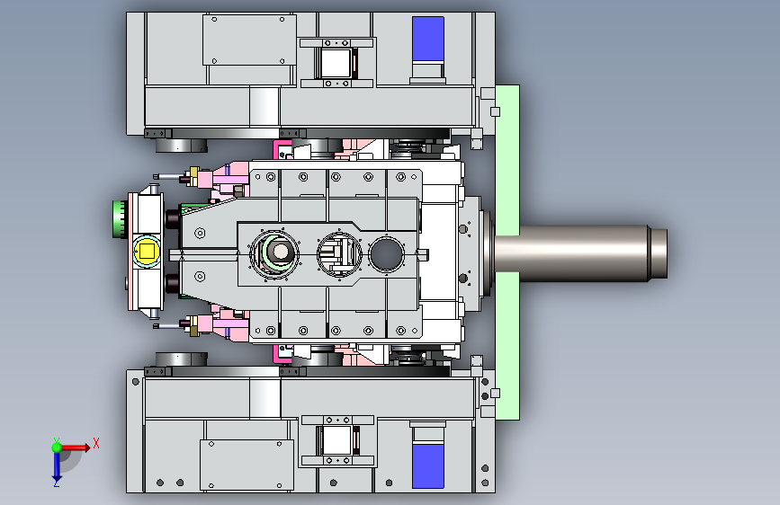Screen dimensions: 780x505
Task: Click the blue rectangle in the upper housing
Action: click(x=428, y=40)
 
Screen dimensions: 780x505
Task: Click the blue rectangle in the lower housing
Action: click(x=428, y=466)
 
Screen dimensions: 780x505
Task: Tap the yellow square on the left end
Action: click(x=148, y=251)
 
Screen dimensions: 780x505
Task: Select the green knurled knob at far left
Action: click(x=120, y=219)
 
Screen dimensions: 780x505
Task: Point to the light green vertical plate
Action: click(x=507, y=252)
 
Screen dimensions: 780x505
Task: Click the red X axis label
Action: click(x=96, y=443)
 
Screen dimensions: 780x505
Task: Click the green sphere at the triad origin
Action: click(x=57, y=447)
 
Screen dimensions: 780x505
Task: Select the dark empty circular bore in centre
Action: click(x=387, y=253)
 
